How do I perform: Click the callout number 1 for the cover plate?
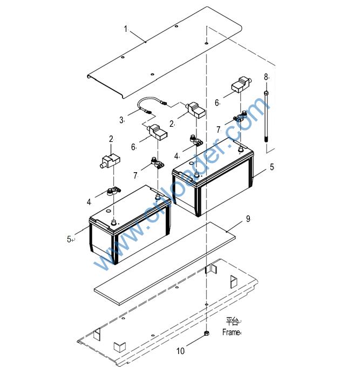coord(125,29)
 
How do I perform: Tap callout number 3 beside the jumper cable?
coord(121,120)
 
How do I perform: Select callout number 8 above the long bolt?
coord(266,77)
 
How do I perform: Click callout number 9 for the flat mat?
coord(248,219)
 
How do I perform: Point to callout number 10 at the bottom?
coord(180,351)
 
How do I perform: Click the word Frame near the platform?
coord(230,332)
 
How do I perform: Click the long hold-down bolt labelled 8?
coord(267,119)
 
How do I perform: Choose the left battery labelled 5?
coord(130,227)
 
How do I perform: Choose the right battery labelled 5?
coord(213,178)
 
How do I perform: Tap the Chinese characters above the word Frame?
coord(232,322)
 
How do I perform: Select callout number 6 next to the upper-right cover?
coord(217,102)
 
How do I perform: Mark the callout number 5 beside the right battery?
coord(272,167)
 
